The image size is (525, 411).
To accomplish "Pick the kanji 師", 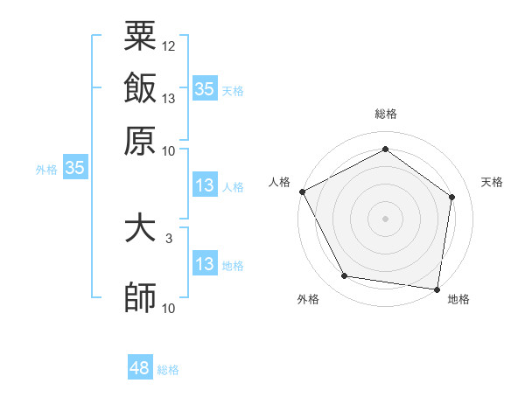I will tap(140, 297).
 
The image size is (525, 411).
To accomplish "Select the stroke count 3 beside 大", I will tap(169, 237).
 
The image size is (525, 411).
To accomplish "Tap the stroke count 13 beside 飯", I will tap(169, 98).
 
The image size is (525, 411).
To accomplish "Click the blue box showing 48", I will tap(140, 368).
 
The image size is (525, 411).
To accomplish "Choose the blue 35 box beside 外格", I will tap(74, 168).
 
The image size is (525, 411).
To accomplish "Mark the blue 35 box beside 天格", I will tap(204, 88).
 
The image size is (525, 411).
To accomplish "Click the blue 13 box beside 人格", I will tap(204, 185).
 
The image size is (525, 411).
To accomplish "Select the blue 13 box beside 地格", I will tap(204, 264).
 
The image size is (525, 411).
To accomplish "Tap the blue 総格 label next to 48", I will tap(168, 370).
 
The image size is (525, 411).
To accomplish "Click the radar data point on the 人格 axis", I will tap(302, 191).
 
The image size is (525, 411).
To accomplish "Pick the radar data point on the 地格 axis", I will tap(437, 289).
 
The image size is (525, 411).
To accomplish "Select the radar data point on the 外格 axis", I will tap(345, 276).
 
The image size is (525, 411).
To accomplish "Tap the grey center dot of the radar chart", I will tap(385, 218).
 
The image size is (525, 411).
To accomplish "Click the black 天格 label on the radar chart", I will tap(492, 182).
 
